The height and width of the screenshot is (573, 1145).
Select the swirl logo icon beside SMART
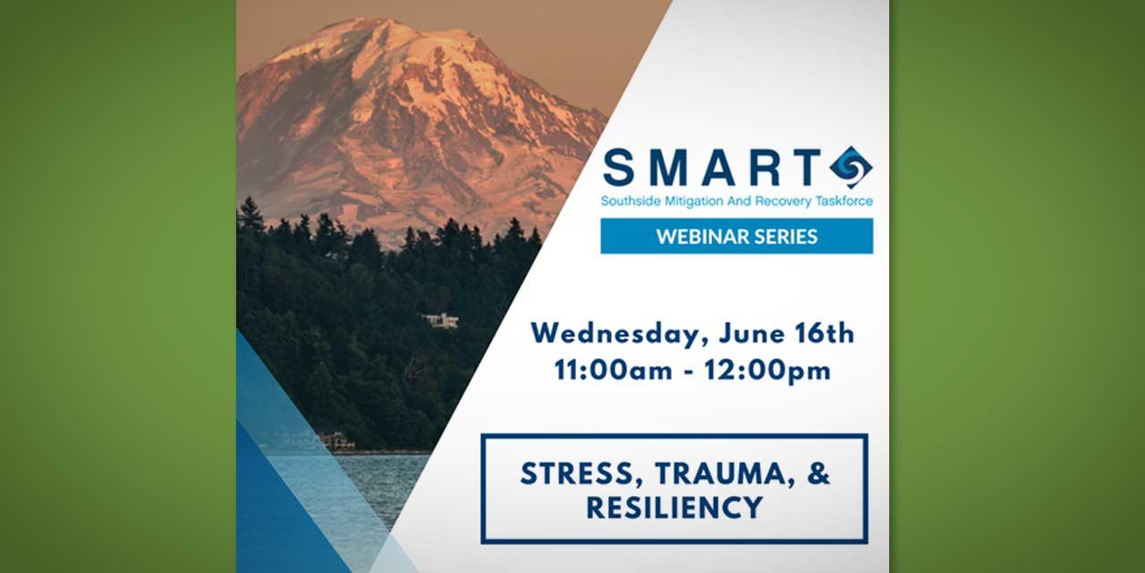(850, 167)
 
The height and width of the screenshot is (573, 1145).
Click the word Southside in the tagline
(629, 201)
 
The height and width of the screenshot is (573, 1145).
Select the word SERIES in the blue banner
(785, 236)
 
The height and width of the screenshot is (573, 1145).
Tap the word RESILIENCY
(674, 507)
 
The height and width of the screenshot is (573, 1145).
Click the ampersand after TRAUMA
(818, 474)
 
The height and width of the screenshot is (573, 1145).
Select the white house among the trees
(440, 321)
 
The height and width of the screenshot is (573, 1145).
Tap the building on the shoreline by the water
(335, 440)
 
